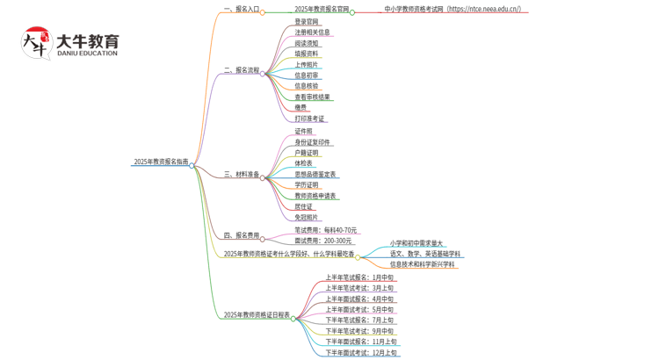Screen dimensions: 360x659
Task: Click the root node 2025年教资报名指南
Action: pos(161,162)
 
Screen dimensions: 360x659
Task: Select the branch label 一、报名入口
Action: pos(241,10)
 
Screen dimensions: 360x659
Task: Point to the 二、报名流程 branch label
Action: pos(241,70)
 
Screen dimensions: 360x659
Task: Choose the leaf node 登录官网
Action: pos(308,21)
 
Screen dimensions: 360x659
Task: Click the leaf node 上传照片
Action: pos(308,64)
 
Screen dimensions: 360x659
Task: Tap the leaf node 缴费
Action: pos(301,107)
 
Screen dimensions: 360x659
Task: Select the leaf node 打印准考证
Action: pos(309,119)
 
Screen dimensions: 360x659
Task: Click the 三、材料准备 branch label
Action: pos(241,175)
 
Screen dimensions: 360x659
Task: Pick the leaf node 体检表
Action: pos(304,163)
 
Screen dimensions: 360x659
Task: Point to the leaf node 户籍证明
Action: pos(308,153)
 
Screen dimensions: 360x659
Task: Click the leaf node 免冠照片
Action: pos(308,217)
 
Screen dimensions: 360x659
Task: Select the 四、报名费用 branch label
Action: pos(241,235)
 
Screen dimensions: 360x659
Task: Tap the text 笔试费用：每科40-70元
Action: pos(325,230)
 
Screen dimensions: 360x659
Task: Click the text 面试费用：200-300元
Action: pos(323,241)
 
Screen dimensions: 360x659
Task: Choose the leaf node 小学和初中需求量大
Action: pos(416,243)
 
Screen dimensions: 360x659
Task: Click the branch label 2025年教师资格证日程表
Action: pos(257,314)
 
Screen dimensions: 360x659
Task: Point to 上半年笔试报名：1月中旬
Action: pos(359,277)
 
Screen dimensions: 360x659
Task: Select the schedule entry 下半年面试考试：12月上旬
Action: pos(361,353)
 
